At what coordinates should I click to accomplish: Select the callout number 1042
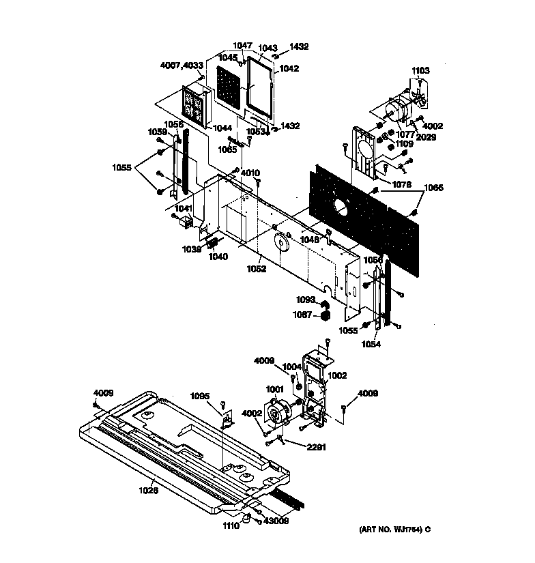click(x=289, y=69)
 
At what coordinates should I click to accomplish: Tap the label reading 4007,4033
click(x=182, y=66)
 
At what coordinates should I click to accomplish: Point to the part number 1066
click(x=433, y=188)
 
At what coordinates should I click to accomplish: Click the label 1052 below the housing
click(x=257, y=268)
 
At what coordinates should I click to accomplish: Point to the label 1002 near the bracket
click(x=337, y=375)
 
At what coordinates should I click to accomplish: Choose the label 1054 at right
click(x=372, y=345)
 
